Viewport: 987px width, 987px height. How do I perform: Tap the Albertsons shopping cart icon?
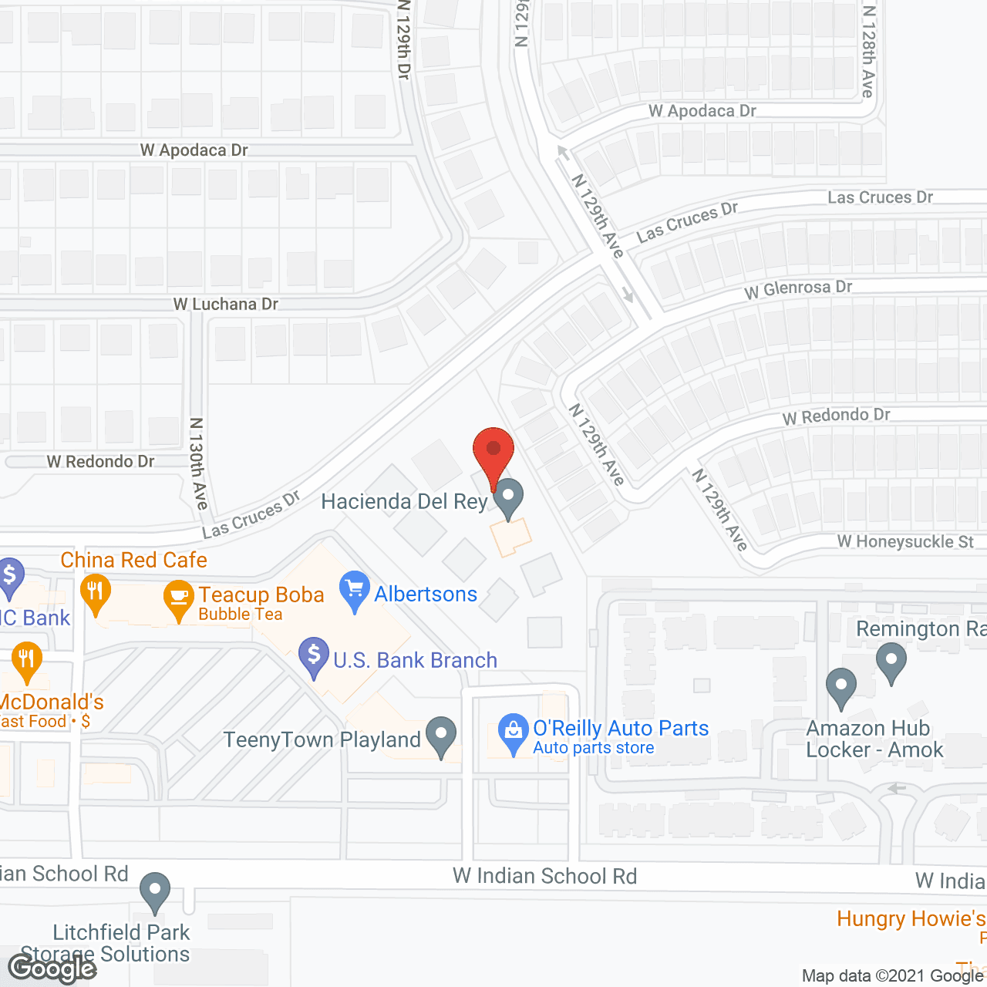355,590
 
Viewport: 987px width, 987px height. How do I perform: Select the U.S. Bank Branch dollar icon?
314,655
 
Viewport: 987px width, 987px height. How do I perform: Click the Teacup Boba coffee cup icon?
179,598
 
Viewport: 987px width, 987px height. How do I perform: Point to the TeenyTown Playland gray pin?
441,736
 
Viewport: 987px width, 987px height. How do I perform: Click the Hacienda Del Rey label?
404,502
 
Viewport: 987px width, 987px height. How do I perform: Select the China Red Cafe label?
134,560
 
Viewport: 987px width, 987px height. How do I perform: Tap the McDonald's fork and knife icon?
27,661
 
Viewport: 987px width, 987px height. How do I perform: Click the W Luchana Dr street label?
226,305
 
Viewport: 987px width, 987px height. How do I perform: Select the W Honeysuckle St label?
905,542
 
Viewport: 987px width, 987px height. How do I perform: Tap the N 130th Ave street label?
199,463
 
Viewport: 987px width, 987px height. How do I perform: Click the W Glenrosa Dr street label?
798,289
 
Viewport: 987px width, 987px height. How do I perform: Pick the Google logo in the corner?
52,968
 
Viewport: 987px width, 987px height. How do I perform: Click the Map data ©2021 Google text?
893,975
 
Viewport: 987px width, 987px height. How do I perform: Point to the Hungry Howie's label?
911,919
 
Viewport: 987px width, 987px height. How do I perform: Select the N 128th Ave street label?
868,51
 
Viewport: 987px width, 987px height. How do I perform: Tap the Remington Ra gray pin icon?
891,664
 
